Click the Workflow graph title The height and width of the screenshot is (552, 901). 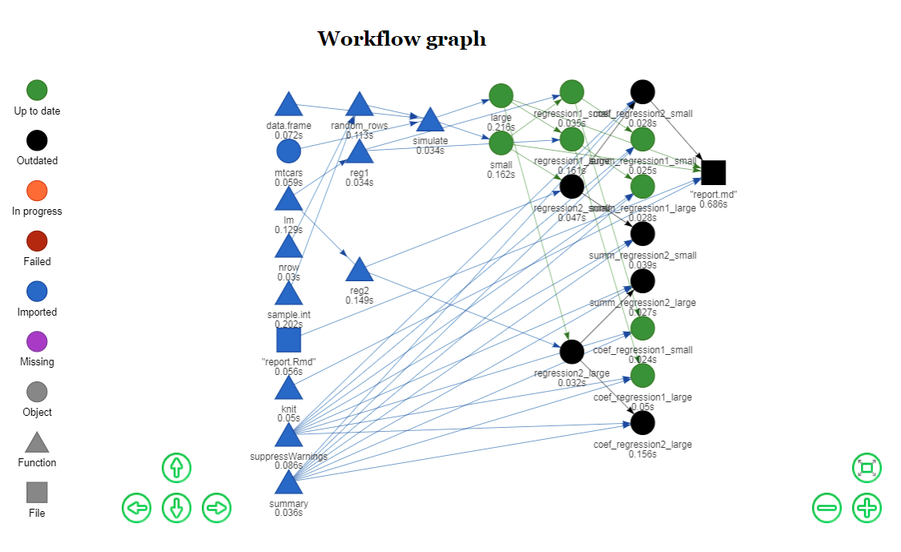401,38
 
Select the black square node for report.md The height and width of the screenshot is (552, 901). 713,172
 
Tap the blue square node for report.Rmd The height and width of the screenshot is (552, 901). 288,340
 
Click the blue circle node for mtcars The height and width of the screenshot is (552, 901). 288,151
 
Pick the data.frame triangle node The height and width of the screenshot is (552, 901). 288,105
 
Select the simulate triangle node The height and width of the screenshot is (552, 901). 430,121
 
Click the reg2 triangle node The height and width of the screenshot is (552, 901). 360,271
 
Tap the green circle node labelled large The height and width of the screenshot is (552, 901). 501,96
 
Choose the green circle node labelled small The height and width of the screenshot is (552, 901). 501,143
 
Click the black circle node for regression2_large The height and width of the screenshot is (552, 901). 571,351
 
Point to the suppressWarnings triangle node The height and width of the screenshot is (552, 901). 288,436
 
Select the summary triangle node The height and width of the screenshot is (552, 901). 288,483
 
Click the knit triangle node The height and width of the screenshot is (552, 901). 288,389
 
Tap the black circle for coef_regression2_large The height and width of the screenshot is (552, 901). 642,421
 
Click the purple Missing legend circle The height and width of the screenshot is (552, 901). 37,341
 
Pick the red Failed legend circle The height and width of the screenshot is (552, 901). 37,241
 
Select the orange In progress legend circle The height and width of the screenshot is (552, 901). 37,191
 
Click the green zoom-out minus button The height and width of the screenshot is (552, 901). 827,507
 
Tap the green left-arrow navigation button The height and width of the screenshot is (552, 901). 137,507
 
